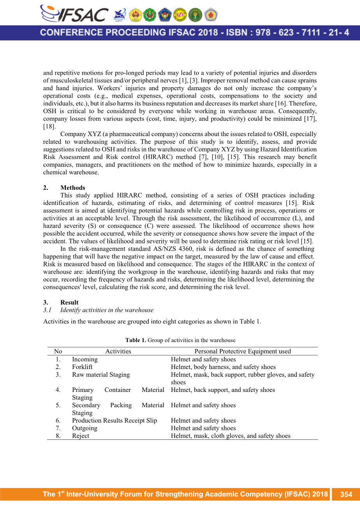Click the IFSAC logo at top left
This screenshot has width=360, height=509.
74,14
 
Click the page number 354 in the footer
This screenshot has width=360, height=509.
346,494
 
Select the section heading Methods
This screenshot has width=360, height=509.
72,187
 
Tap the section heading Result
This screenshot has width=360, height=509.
69,302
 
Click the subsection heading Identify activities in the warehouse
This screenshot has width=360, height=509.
107,310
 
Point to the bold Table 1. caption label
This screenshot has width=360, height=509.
135,340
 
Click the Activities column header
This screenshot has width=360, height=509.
118,351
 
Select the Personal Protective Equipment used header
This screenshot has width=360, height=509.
242,351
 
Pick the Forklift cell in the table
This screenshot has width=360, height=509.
82,367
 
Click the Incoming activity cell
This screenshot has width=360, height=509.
84,359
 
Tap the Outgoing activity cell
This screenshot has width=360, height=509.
84,428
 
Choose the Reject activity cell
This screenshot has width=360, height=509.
81,436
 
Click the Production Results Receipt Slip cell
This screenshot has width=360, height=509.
114,420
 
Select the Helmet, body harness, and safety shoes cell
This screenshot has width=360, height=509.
223,367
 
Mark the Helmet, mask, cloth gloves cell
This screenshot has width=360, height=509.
230,436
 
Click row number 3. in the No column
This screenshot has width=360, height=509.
58,374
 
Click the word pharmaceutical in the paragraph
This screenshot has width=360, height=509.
127,134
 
